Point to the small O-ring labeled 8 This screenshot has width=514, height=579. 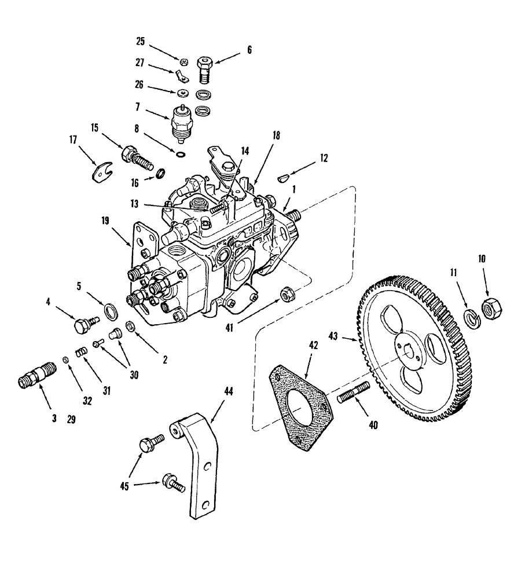(181, 155)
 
